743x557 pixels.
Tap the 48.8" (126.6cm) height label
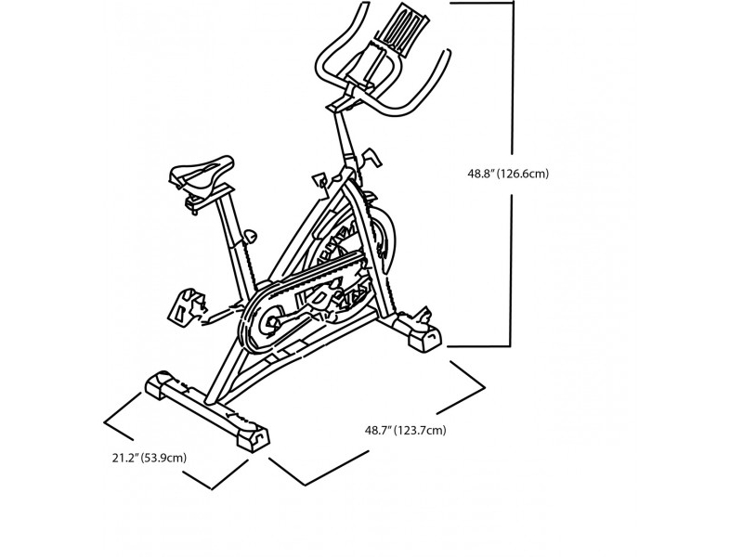508,174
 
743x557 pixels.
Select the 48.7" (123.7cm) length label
405,431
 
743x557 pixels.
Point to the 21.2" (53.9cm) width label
150,458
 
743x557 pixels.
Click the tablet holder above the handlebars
402,30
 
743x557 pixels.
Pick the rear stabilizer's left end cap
159,383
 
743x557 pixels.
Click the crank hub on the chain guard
272,323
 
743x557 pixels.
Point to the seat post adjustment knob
250,236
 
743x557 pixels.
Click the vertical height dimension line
512,174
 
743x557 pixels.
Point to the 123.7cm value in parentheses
421,431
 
